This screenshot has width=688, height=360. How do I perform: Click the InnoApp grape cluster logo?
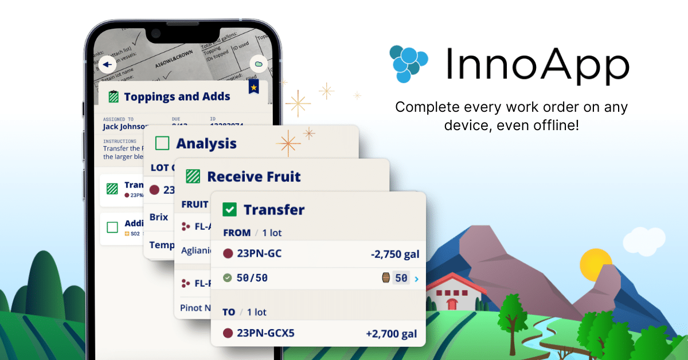(408, 62)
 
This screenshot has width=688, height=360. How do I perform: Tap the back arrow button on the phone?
(107, 64)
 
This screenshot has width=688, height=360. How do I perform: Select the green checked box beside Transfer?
(229, 210)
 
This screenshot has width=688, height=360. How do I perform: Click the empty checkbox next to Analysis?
(162, 143)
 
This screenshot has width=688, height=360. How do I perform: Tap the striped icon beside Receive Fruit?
(193, 177)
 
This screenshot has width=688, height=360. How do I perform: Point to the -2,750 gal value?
(396, 253)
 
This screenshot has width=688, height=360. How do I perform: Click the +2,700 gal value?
(391, 333)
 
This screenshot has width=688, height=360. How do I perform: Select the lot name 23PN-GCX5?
(265, 333)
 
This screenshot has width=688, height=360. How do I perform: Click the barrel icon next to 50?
(386, 278)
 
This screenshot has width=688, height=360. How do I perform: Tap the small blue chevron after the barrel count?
(416, 279)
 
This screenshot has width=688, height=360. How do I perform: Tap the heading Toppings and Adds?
(177, 96)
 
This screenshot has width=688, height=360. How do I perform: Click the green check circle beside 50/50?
(228, 278)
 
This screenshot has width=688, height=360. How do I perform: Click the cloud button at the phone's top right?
(259, 64)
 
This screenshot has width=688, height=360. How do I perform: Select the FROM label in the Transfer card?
(236, 233)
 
